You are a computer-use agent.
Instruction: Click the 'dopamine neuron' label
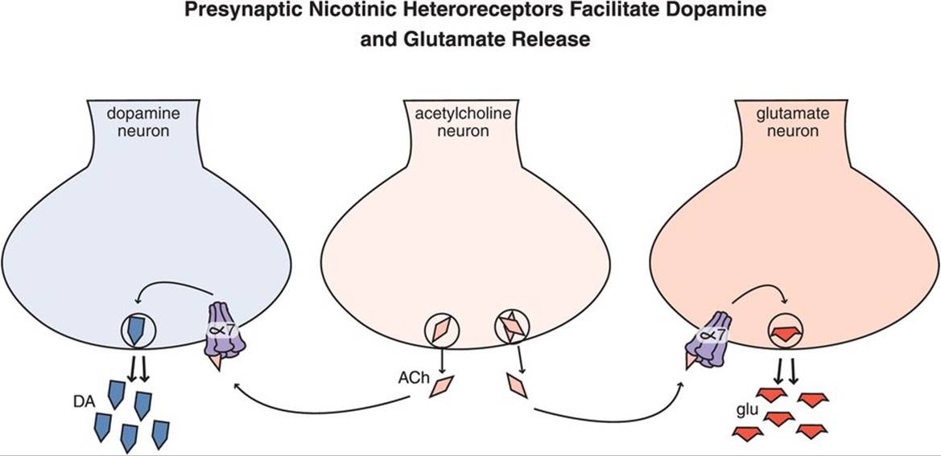[x=139, y=122]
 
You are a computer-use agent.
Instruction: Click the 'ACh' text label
[x=411, y=377]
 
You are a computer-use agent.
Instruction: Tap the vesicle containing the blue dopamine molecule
[x=136, y=329]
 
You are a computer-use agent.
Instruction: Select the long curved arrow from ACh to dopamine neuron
[x=322, y=402]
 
